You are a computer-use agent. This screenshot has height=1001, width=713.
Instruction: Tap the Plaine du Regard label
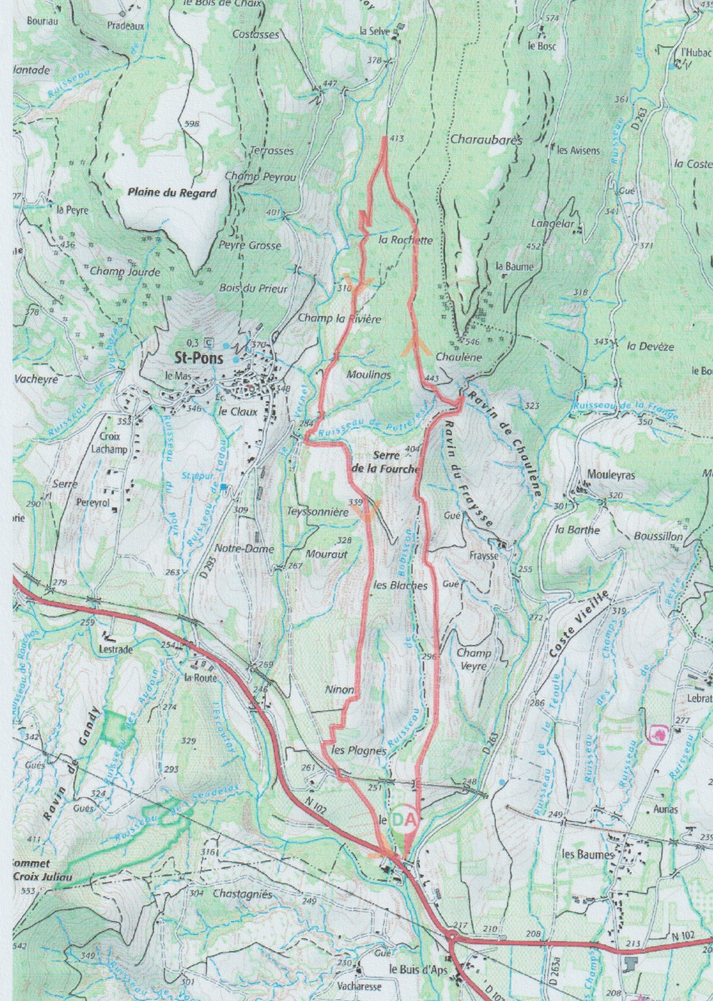point(172,193)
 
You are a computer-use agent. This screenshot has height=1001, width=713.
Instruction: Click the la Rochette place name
point(405,240)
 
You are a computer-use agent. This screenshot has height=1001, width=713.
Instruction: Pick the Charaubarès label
point(486,141)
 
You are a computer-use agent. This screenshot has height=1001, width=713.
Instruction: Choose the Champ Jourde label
point(125,272)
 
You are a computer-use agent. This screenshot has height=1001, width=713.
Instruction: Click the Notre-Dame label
point(244,549)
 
